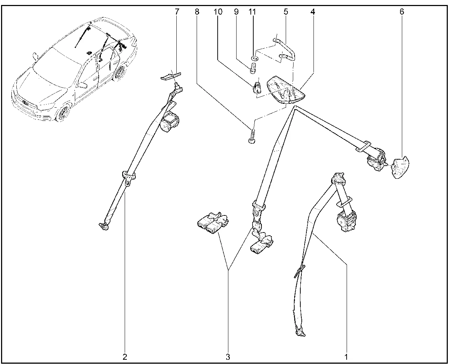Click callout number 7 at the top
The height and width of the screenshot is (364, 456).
[177, 12]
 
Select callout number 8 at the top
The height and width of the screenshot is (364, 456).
[197, 12]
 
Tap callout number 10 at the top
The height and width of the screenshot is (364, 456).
[218, 12]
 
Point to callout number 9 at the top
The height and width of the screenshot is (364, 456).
[236, 12]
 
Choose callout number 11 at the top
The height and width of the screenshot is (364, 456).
[252, 12]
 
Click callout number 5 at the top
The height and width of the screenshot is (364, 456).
[286, 12]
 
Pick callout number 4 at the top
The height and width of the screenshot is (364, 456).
[312, 12]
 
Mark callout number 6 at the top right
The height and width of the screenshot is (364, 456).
[402, 12]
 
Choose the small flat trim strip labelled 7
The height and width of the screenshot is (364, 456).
[170, 76]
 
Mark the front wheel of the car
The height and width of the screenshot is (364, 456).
[63, 113]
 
